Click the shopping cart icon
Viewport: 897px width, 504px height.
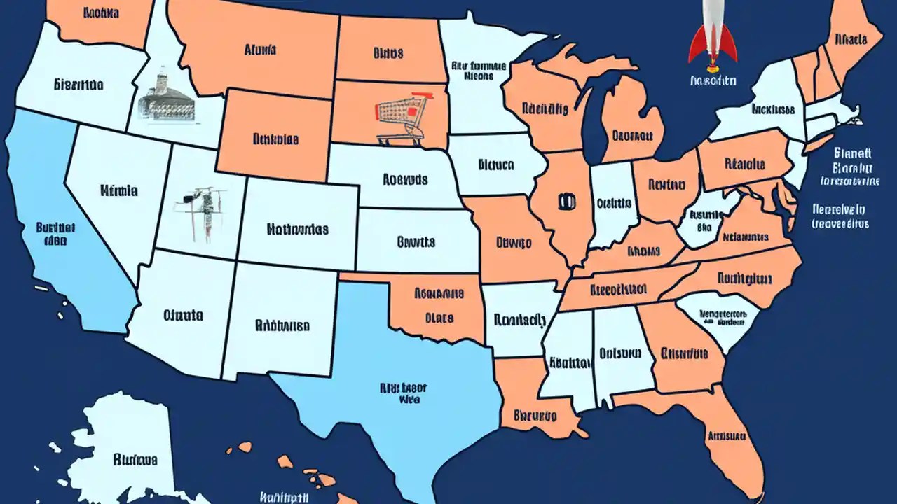click(x=401, y=116)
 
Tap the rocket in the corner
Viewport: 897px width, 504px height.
click(x=713, y=35)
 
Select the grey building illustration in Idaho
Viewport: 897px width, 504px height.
click(x=166, y=94)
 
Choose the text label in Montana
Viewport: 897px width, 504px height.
click(x=260, y=50)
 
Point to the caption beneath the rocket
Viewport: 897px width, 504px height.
click(x=713, y=81)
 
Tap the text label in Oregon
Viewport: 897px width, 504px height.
click(x=78, y=85)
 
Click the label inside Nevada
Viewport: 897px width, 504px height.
click(x=118, y=190)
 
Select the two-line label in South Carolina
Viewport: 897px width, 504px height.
click(x=722, y=319)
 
